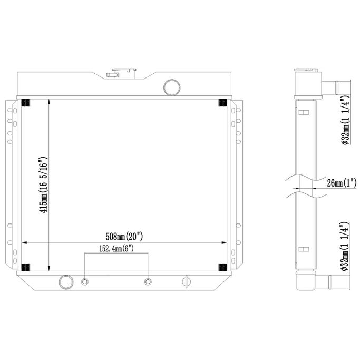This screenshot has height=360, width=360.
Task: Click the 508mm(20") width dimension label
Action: click(x=124, y=237)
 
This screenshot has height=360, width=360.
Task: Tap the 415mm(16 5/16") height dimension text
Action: click(x=44, y=185)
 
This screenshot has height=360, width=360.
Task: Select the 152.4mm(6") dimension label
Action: click(x=116, y=249)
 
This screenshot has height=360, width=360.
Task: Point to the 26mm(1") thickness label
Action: click(x=342, y=183)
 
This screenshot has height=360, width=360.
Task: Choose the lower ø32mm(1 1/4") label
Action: click(x=345, y=246)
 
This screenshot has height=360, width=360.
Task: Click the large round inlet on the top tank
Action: click(x=172, y=87)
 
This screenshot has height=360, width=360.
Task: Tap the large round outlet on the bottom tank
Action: click(x=66, y=282)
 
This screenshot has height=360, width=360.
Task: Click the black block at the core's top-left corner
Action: click(x=25, y=103)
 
